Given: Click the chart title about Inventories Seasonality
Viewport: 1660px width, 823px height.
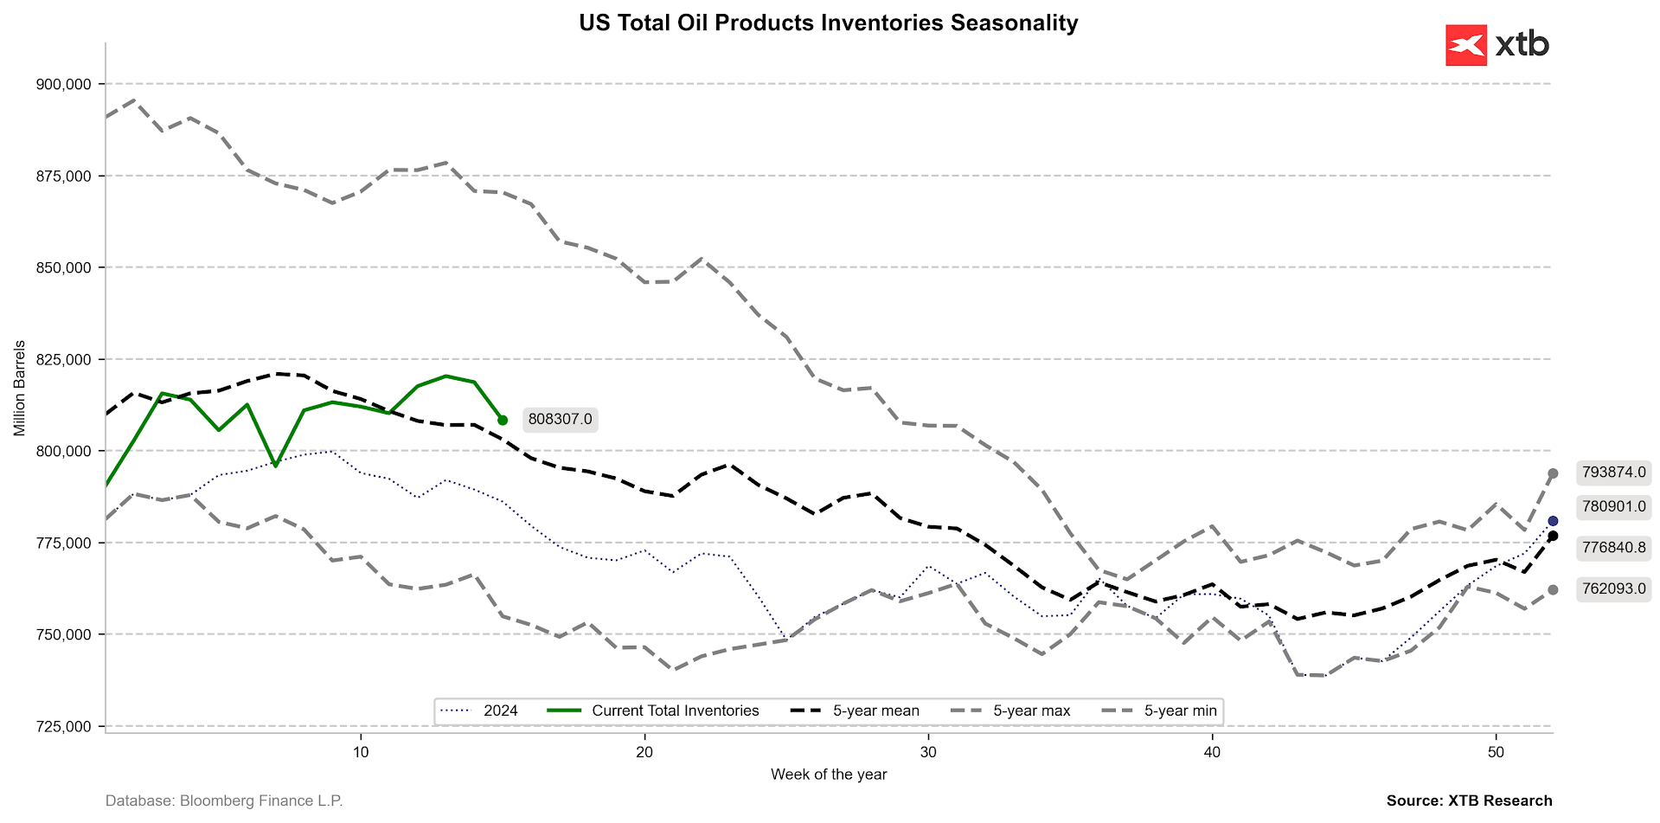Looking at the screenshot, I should tap(828, 23).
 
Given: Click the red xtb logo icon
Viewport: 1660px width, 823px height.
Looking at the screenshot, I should tap(1465, 45).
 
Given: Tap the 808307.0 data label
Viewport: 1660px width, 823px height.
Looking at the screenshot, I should tap(560, 420).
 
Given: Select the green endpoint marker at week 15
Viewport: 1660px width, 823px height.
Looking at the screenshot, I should tap(503, 420).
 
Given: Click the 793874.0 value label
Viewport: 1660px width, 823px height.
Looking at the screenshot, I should tap(1613, 473).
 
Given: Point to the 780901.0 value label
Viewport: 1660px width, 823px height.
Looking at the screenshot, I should tap(1613, 506).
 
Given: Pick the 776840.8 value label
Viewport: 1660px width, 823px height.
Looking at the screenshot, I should tap(1613, 547).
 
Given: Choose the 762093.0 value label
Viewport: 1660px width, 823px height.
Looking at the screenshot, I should tap(1613, 589).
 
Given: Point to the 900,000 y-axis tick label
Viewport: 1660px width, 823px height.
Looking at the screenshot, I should tap(63, 84).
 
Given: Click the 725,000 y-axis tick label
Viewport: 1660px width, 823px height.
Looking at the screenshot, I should tap(63, 726).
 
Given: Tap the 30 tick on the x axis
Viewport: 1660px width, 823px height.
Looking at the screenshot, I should tap(928, 752).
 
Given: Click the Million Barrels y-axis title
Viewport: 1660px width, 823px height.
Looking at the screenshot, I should tap(20, 388).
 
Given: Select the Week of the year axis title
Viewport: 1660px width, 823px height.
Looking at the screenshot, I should tap(829, 775).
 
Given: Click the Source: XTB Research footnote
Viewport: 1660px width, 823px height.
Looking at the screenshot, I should tap(1469, 800).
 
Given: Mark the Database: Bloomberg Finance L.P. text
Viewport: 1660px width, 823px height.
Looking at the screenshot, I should tap(224, 800).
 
